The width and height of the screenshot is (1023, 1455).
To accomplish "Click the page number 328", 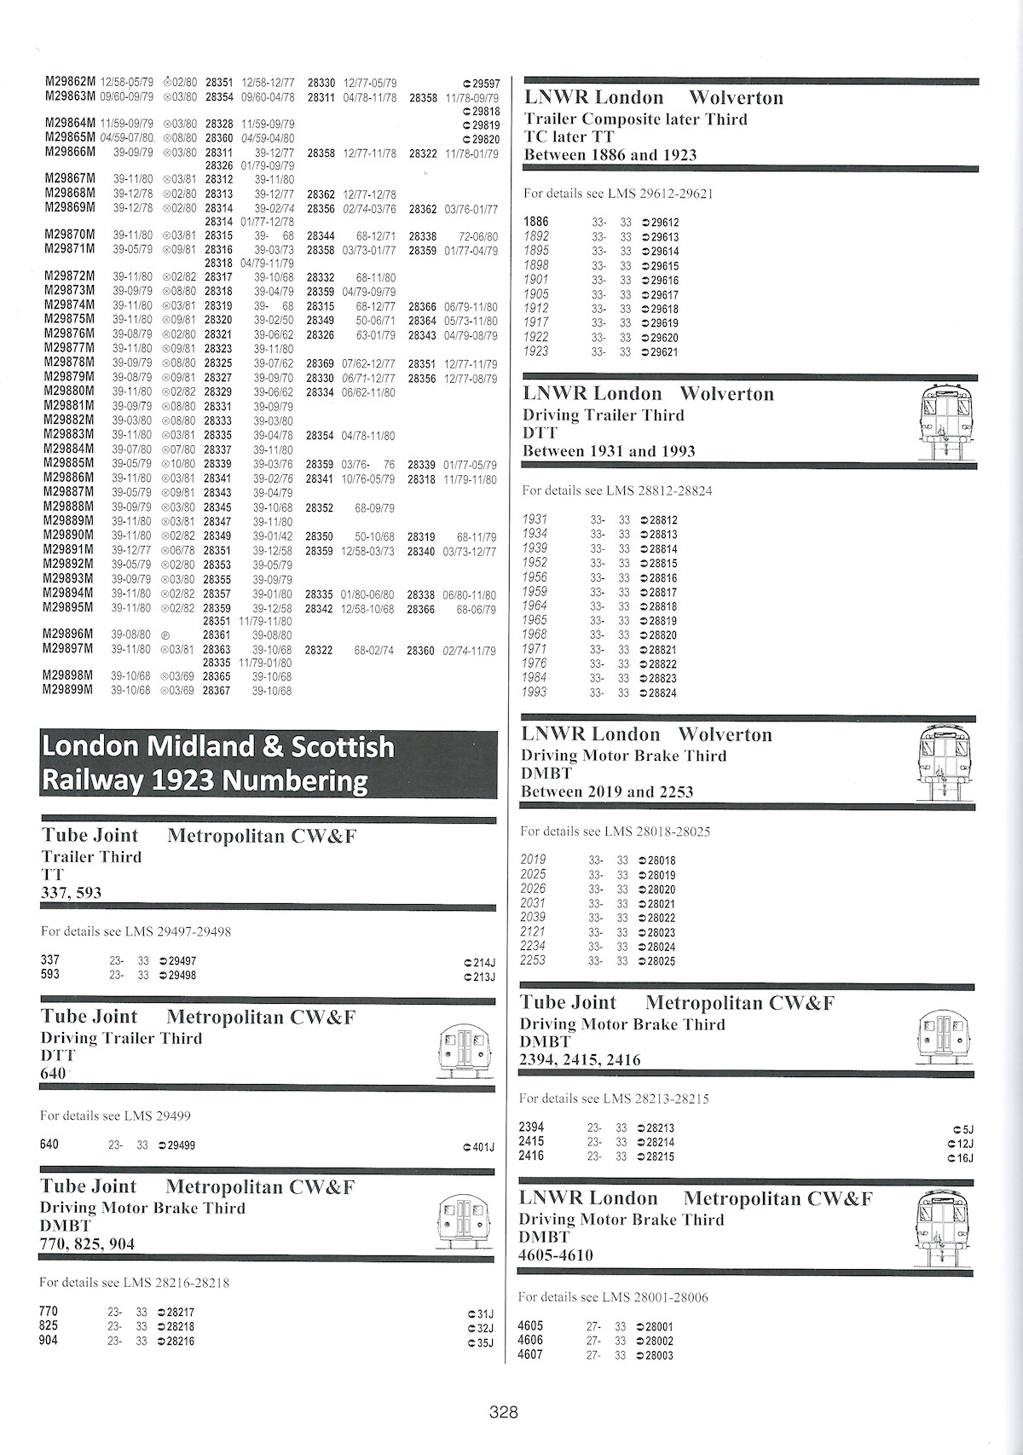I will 504,1412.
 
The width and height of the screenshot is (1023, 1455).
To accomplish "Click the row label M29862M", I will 70,83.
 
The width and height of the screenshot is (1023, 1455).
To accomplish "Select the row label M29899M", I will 68,690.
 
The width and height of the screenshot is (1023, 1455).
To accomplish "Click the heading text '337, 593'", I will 71,893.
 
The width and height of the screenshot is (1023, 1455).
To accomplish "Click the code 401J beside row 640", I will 483,1147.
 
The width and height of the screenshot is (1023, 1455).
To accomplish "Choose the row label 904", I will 49,1341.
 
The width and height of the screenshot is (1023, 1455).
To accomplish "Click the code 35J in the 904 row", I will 483,1343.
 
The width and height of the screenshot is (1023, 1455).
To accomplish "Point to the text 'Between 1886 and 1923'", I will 610,155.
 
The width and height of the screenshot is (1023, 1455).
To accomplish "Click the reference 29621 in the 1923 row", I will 663,352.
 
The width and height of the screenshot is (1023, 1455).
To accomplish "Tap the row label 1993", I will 535,693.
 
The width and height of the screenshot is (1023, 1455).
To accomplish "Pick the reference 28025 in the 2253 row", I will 661,961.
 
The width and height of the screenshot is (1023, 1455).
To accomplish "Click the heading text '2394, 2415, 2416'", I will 580,1060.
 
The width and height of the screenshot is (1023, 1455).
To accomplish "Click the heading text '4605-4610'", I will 556,1255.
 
